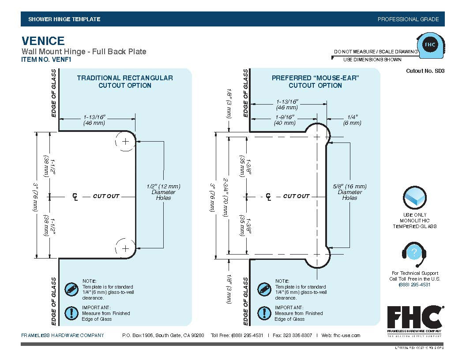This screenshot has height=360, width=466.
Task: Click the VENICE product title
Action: coord(43,41)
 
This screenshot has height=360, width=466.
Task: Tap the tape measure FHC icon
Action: coord(430,45)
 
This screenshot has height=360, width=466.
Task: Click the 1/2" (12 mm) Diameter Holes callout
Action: coord(163,192)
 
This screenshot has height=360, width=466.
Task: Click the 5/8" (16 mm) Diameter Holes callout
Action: coord(349,192)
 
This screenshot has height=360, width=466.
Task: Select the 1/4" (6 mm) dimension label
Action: coord(352,120)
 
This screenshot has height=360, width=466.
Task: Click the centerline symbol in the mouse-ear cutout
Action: coord(268,196)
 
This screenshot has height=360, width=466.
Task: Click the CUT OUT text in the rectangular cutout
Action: coord(106,196)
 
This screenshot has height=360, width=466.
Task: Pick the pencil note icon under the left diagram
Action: coord(71,289)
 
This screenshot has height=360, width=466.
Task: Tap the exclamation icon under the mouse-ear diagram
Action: coord(263,313)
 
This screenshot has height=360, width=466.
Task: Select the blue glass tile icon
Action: coord(414,199)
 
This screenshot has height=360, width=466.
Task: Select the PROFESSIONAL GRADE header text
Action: coord(408,19)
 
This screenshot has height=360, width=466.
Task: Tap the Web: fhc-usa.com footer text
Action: coord(341,335)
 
